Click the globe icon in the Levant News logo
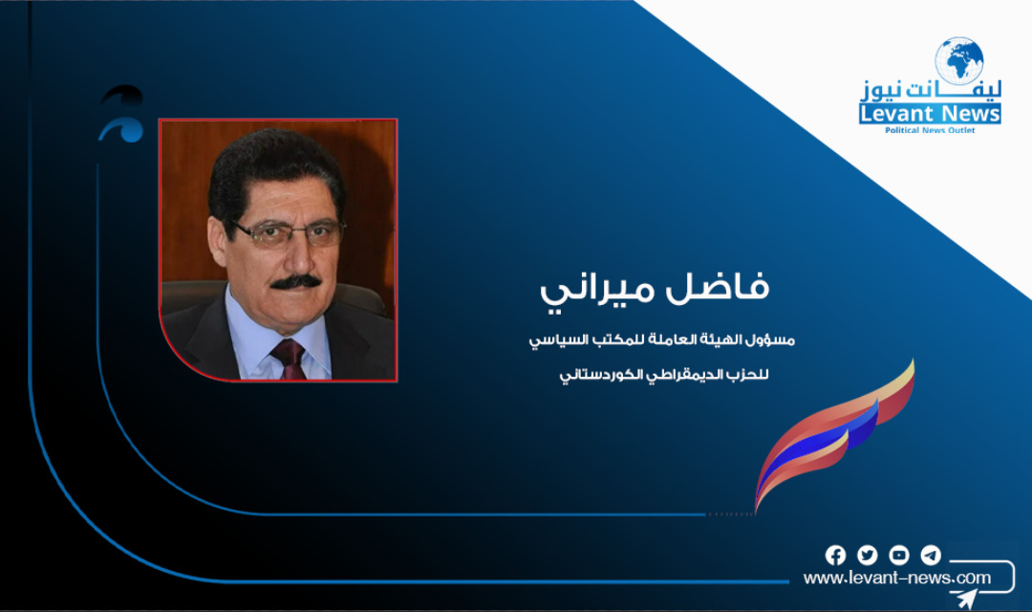coord(958,60)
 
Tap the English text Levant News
coord(930,115)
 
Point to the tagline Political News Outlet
coord(930,130)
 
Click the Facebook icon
coord(835,556)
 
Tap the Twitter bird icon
coord(867,556)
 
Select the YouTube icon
coord(899,556)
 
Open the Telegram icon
coord(931,556)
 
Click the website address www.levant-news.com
coord(896,579)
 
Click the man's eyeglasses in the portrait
coord(288,233)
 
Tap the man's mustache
coord(294,281)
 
